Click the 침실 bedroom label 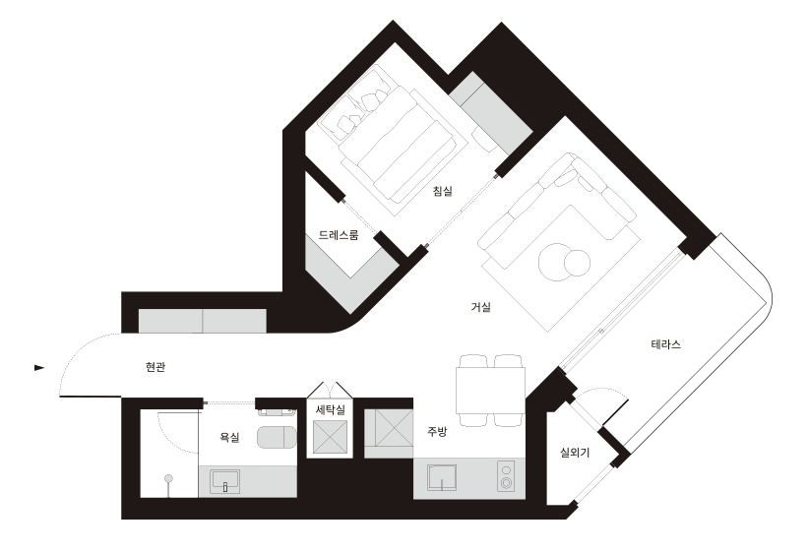[x=442, y=191]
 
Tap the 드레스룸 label [x=338, y=235]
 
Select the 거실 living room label [x=481, y=307]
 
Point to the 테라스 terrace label [x=665, y=344]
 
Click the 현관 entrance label [x=155, y=367]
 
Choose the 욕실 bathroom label [x=229, y=438]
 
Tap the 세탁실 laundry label [x=331, y=409]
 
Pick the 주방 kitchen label [x=437, y=432]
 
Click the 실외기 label [x=575, y=453]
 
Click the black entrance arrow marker [x=39, y=367]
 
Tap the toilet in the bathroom [x=277, y=438]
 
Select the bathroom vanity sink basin [x=225, y=481]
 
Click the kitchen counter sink [x=442, y=478]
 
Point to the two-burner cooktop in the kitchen [x=506, y=476]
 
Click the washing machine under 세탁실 [x=331, y=437]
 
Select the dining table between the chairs [x=490, y=390]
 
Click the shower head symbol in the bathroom [x=168, y=479]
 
